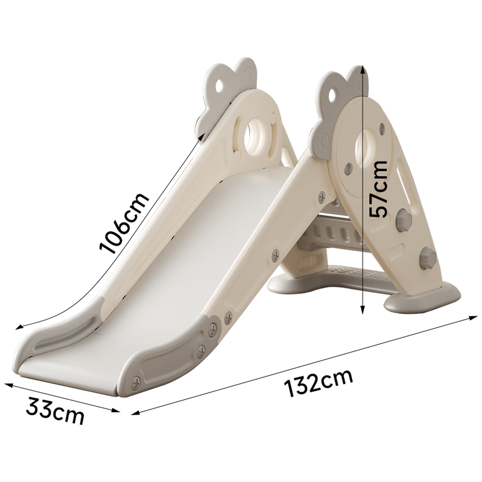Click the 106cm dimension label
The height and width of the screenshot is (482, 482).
tap(124, 223)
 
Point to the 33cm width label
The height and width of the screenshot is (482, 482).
tap(55, 410)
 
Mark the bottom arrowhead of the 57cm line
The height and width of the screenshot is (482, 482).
tap(362, 309)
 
